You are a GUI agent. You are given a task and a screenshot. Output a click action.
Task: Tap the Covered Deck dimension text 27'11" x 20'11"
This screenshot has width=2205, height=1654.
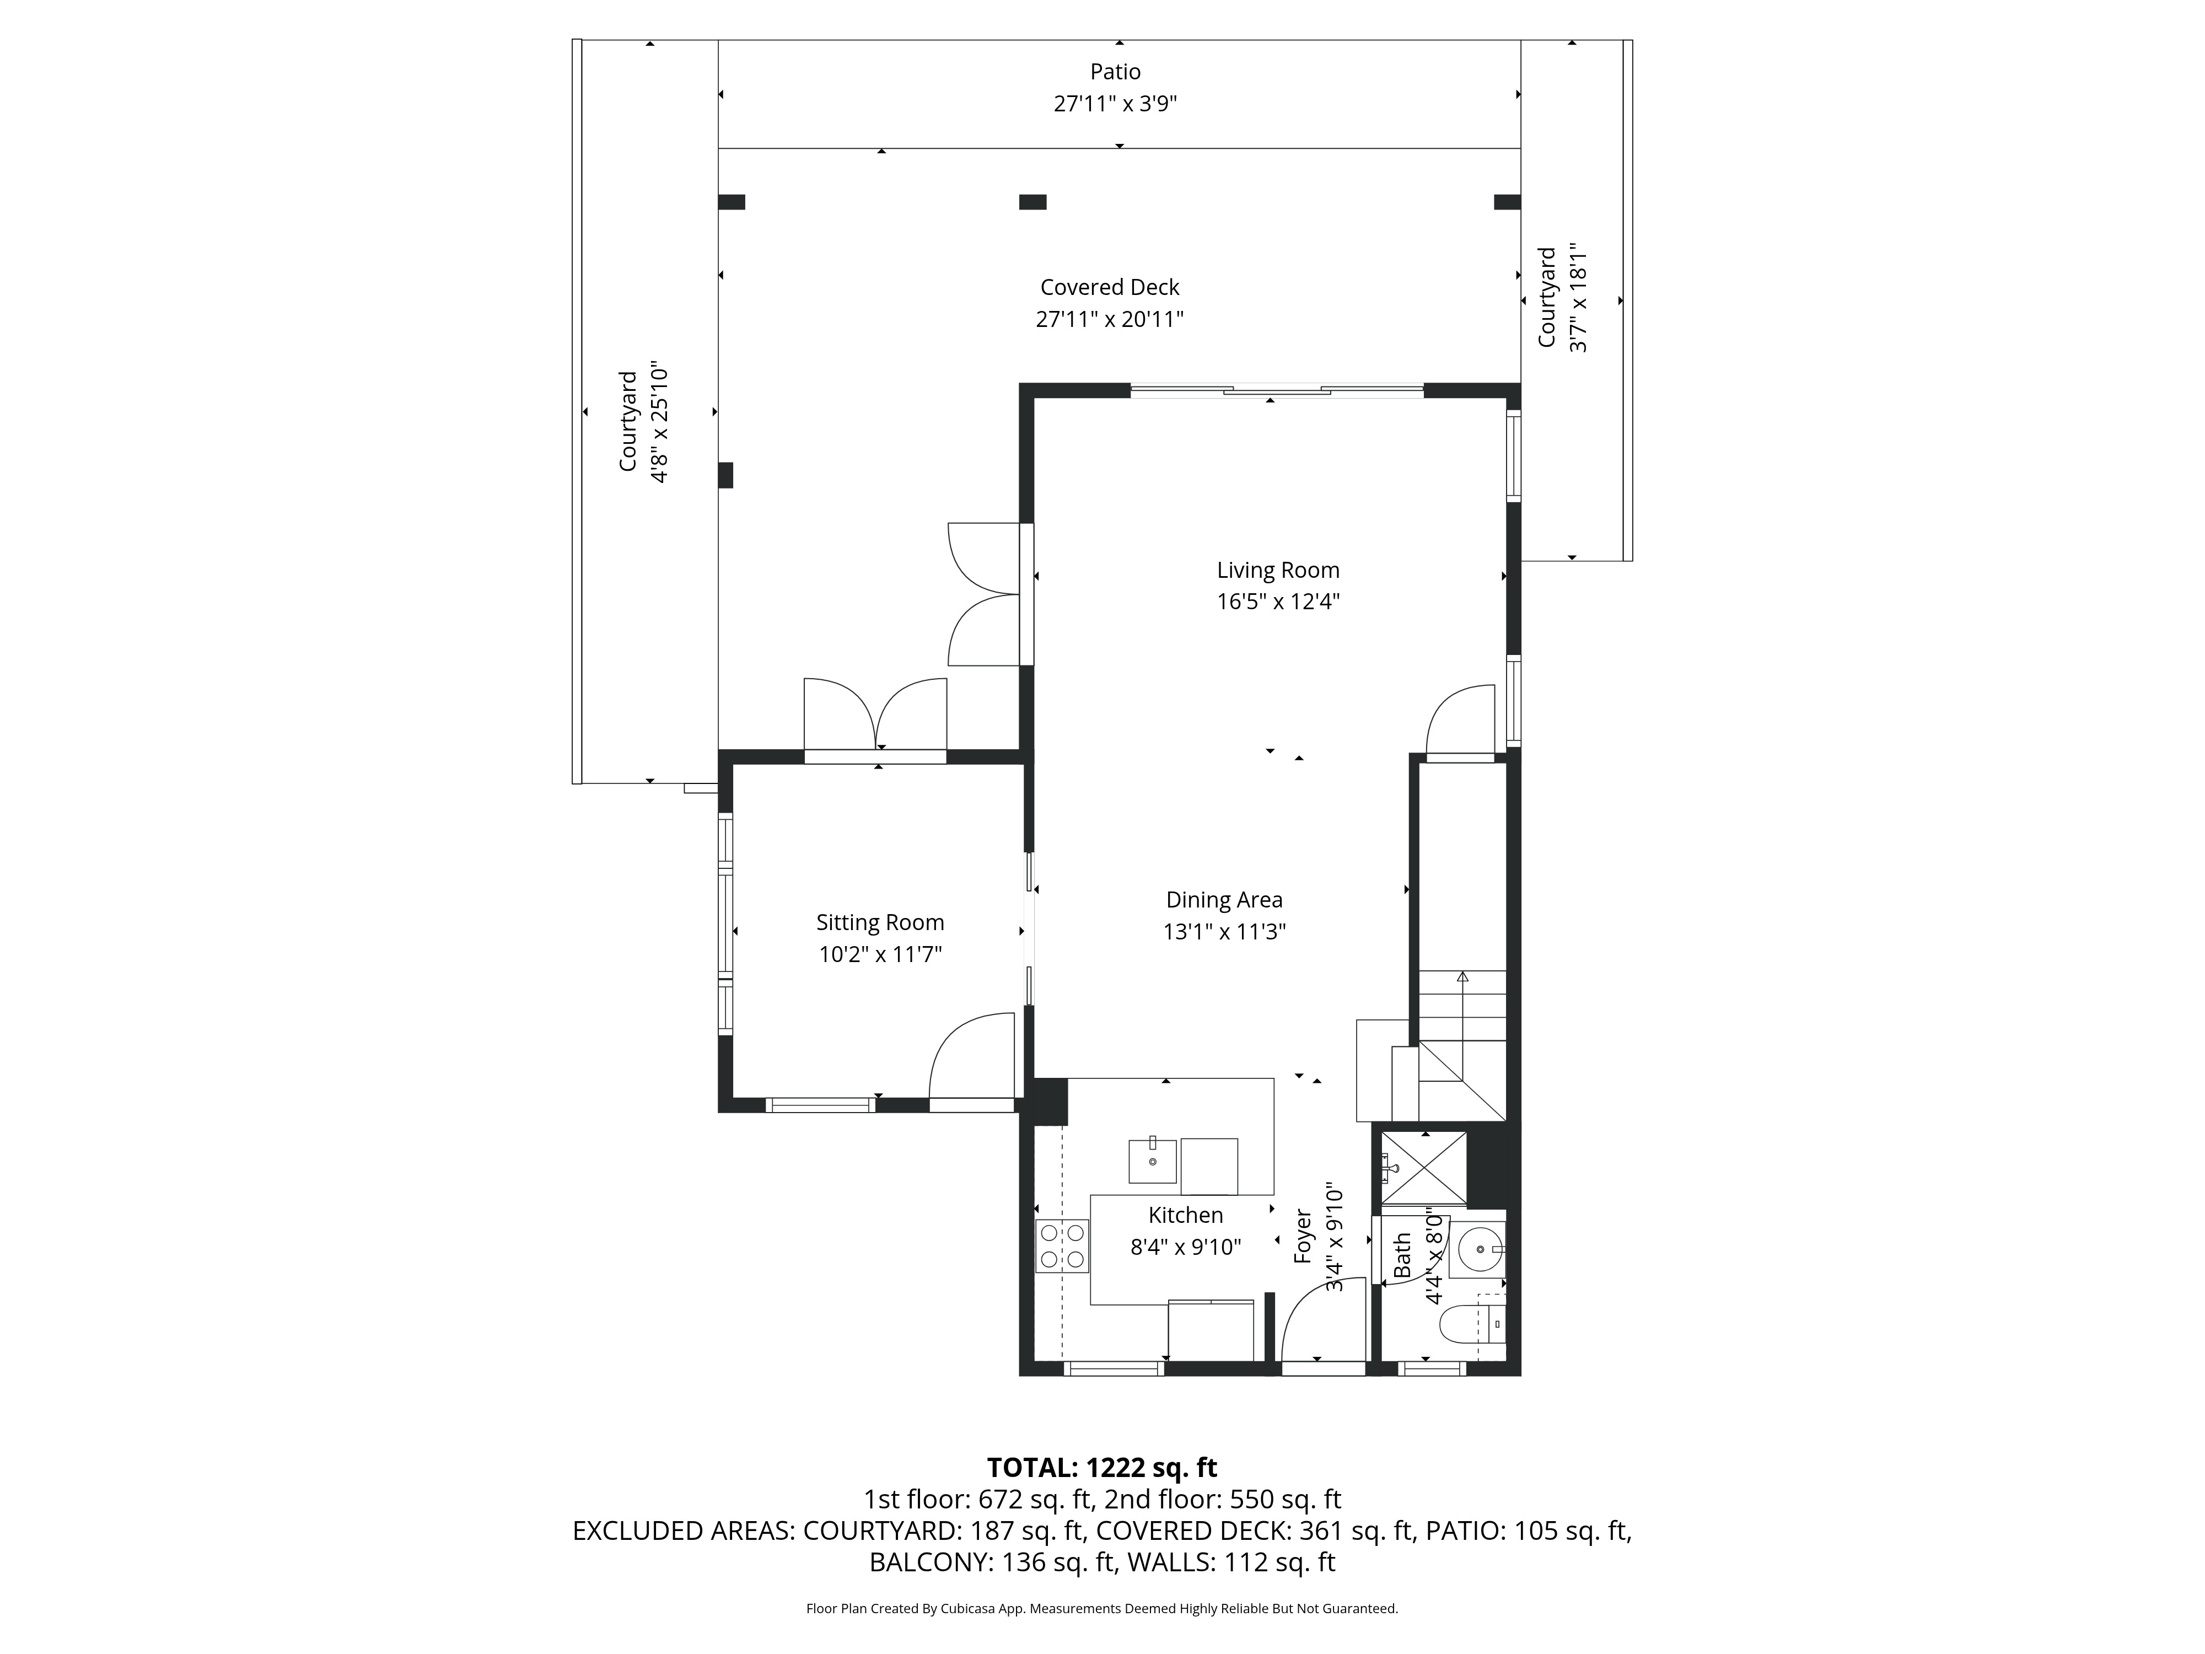(x=1110, y=320)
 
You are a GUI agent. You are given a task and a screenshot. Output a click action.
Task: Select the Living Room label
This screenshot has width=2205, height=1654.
(x=1278, y=570)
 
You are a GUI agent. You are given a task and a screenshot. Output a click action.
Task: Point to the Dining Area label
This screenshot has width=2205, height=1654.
(x=1224, y=900)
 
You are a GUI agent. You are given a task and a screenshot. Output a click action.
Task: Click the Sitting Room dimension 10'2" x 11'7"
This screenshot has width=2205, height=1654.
(x=880, y=955)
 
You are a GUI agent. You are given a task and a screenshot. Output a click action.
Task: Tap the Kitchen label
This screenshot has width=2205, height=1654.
(x=1185, y=1215)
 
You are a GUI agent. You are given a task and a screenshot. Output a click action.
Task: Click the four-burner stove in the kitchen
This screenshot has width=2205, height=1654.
(x=1062, y=1246)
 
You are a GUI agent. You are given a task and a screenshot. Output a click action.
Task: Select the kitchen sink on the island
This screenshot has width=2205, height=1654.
(x=1152, y=1161)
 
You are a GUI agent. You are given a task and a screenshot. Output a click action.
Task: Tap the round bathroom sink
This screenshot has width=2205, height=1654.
(x=1478, y=1247)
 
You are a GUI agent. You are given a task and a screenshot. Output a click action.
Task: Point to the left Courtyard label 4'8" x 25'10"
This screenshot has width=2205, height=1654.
(x=643, y=422)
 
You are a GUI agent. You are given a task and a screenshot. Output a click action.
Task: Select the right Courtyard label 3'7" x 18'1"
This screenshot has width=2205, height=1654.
(x=1562, y=298)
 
